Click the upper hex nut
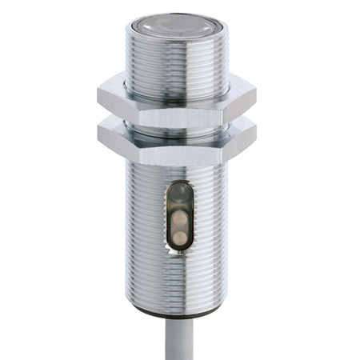tap(177, 102)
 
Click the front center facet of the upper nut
tap(177, 108)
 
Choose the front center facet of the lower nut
tap(177, 148)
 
